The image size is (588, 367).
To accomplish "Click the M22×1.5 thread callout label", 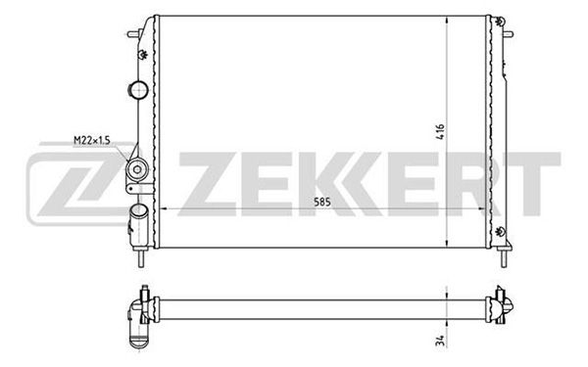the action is coord(92,140).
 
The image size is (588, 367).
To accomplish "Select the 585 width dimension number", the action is coord(322,203).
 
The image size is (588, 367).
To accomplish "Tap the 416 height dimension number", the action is coord(440,131).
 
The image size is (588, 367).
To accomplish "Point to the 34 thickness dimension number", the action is coord(441,341).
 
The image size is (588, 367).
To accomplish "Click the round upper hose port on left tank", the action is coord(138,90).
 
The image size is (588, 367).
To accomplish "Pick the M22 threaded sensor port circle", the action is coord(137,169).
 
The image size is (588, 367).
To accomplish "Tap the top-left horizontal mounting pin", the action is coord(133,34).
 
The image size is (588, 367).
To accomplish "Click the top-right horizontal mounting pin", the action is coord(508,34).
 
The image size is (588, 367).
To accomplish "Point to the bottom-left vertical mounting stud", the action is coord(141,257).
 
